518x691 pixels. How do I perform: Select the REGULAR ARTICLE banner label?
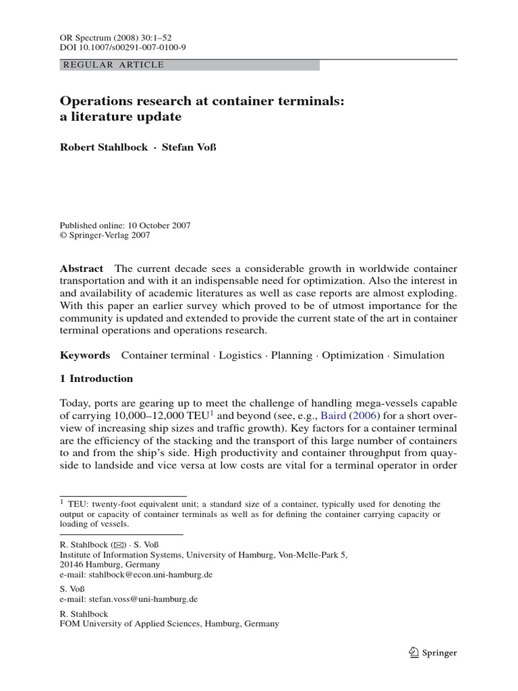tap(113, 65)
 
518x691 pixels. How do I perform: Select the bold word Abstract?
tap(82, 269)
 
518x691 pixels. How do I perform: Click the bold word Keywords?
tap(84, 356)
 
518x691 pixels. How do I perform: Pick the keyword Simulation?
tap(419, 356)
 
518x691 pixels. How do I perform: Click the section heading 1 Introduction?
tap(96, 379)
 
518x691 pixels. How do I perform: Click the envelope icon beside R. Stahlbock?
tap(117, 544)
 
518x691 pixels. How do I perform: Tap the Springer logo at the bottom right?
tap(433, 653)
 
